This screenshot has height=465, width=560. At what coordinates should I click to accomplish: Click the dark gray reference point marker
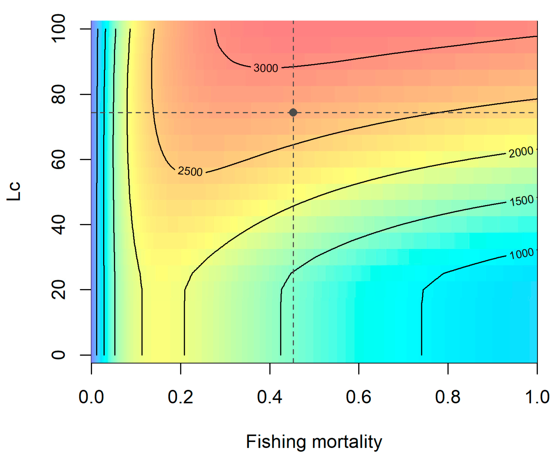pos(293,112)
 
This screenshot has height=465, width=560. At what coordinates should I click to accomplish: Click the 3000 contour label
pos(266,68)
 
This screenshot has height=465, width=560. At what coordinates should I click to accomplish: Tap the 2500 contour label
pos(190,171)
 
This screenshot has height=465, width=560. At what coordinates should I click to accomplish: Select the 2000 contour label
pos(521,152)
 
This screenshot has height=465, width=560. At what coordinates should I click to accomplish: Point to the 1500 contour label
pos(522,200)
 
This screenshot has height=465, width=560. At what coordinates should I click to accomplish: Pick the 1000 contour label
pos(521,254)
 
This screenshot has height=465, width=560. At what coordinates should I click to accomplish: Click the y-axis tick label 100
pos(58,28)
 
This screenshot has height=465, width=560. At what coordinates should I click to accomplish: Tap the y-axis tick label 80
pos(58,94)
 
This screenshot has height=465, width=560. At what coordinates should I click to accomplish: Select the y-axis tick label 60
pos(58,159)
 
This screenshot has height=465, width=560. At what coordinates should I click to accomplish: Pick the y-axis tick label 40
pos(58,224)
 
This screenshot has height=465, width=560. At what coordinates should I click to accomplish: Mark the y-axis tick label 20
pos(58,289)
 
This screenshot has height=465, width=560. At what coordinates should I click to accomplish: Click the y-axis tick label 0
pos(58,355)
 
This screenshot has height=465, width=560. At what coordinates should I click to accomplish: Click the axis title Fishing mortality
pos(314,442)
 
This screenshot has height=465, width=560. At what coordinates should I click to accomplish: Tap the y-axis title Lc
pos(14,191)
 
